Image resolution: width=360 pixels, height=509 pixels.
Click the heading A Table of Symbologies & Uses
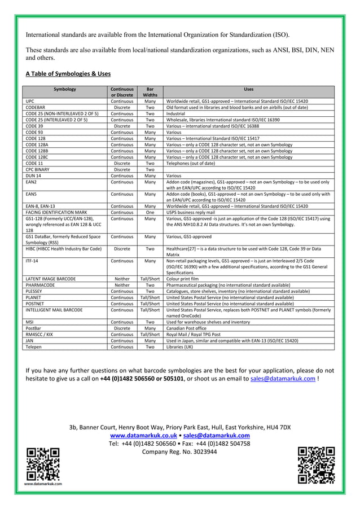tap(68, 74)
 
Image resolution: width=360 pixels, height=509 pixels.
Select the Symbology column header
tap(65, 89)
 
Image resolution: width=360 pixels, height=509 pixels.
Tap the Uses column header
tap(248, 89)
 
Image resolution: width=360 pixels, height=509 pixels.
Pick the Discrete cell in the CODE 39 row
tap(122, 126)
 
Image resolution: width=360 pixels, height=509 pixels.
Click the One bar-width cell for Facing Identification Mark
tap(150, 213)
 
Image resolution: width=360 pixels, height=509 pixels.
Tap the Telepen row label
tap(34, 346)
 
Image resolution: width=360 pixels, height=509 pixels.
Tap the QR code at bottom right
tap(316, 464)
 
